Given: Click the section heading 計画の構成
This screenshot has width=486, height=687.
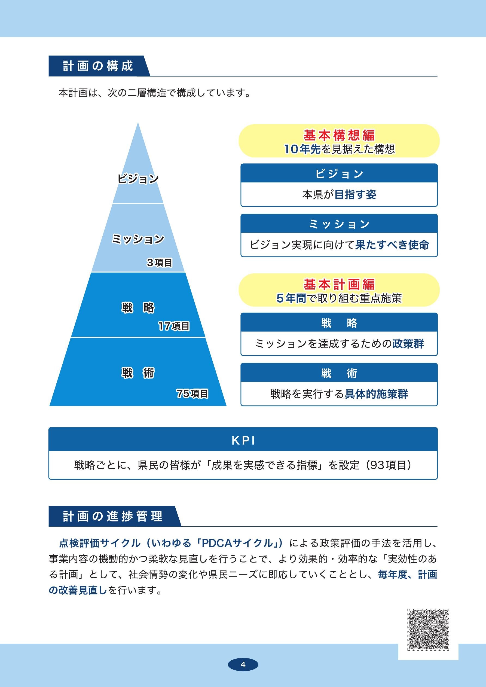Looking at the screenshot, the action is [x=98, y=66].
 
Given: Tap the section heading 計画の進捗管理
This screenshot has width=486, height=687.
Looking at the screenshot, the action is [x=113, y=516].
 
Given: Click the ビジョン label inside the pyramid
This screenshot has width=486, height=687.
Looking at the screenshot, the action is [x=138, y=179].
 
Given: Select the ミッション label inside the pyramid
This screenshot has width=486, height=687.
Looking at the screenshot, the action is [x=138, y=239].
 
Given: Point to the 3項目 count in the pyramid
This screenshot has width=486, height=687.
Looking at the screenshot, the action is [x=160, y=262].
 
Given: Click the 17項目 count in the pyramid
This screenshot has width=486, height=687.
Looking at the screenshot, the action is [x=174, y=326].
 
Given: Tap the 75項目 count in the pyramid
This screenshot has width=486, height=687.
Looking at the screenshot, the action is [x=192, y=393].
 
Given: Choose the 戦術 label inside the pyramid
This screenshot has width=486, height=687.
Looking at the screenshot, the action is [x=138, y=373].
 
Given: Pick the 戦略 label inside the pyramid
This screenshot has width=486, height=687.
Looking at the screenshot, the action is [x=138, y=308].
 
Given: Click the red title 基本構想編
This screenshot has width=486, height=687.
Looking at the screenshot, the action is [x=339, y=135].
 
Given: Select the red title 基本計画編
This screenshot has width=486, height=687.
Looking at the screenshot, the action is [x=339, y=284].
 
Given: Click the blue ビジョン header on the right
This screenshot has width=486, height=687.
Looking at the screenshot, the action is [x=339, y=173].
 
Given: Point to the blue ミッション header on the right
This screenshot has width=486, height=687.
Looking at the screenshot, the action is [x=339, y=224].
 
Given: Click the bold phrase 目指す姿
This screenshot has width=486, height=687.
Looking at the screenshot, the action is [x=355, y=195].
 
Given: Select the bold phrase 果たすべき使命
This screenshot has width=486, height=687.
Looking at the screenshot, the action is [x=392, y=245].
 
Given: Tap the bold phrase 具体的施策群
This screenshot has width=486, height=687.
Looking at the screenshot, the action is [x=376, y=394].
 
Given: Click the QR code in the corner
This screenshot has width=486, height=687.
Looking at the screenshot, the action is [x=428, y=630].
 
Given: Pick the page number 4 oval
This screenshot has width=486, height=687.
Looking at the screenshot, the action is [x=243, y=665].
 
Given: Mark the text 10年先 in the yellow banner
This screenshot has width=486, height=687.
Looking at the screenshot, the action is [x=302, y=149].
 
